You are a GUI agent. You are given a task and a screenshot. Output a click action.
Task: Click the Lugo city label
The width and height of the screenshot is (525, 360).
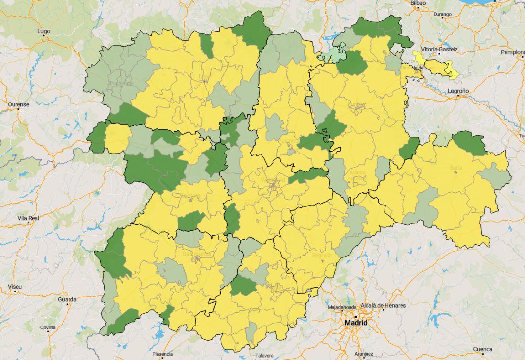coord(44,31)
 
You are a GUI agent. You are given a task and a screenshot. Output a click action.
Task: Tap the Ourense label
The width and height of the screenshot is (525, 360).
coord(18,104)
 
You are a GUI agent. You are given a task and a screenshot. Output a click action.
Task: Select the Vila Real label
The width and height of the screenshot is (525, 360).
coord(28,218)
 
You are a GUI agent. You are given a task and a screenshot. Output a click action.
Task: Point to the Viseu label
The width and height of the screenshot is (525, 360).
coord(15,287)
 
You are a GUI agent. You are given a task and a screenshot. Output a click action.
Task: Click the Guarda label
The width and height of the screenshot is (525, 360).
coord(67,299)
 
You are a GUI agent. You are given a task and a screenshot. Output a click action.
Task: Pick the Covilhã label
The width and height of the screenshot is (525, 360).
coord(48,327)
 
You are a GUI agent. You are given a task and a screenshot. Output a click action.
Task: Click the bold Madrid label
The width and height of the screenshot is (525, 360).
coord(356,323)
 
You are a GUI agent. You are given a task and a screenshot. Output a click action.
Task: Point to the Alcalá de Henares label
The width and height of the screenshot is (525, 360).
coord(383,305)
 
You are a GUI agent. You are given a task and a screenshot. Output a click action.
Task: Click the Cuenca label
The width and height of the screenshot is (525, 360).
coord(482,349)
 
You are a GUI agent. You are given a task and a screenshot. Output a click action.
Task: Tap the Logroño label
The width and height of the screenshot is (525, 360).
coord(458,91)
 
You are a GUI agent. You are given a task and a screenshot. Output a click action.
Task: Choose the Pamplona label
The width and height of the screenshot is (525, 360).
coord(512,52)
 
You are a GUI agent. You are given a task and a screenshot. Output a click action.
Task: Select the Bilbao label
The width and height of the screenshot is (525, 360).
coord(418,3)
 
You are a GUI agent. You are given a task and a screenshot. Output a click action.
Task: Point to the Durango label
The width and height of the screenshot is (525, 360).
coord(442,15)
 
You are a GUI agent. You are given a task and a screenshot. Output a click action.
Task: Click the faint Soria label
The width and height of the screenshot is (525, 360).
coord(456,168)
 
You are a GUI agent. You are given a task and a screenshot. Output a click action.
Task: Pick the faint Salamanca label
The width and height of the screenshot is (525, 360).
coord(197,254)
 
